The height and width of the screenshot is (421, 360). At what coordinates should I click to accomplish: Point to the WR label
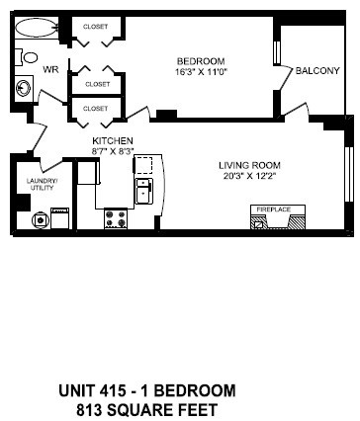(x=49, y=69)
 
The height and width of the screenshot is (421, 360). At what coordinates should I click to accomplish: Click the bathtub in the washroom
(x=36, y=28)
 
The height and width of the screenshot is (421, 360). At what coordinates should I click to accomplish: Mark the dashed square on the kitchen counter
(x=144, y=165)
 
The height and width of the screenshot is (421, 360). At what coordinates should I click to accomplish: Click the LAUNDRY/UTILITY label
(x=43, y=185)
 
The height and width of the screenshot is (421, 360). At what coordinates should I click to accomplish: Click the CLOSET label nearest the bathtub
(x=95, y=27)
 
